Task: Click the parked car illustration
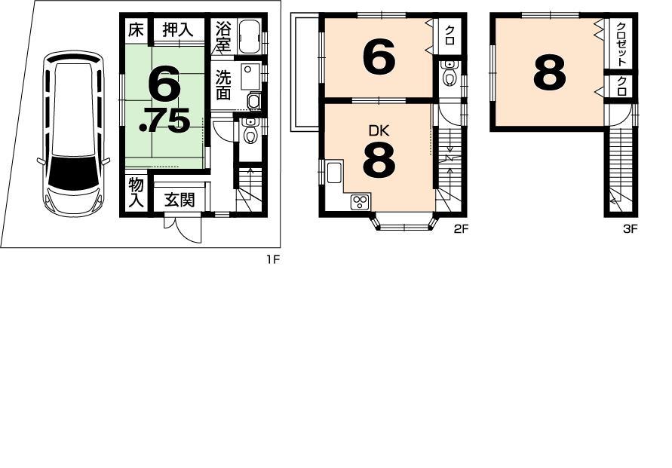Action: [73, 133]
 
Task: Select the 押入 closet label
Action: [178, 30]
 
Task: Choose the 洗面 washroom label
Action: [224, 85]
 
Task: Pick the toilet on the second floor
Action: [450, 75]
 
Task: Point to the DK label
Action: [379, 130]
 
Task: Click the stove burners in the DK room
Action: [360, 201]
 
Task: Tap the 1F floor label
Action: [272, 260]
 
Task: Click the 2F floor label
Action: [462, 230]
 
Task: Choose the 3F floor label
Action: [631, 230]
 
